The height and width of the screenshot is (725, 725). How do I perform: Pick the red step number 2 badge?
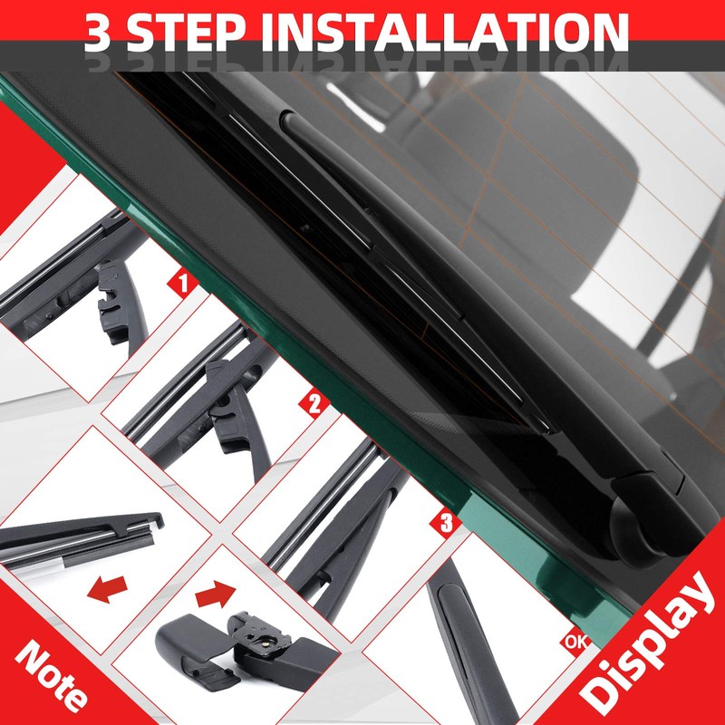pos(314,403)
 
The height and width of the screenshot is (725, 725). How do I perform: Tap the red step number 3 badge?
pos(445,523)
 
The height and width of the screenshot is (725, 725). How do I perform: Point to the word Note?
pos(51,675)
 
